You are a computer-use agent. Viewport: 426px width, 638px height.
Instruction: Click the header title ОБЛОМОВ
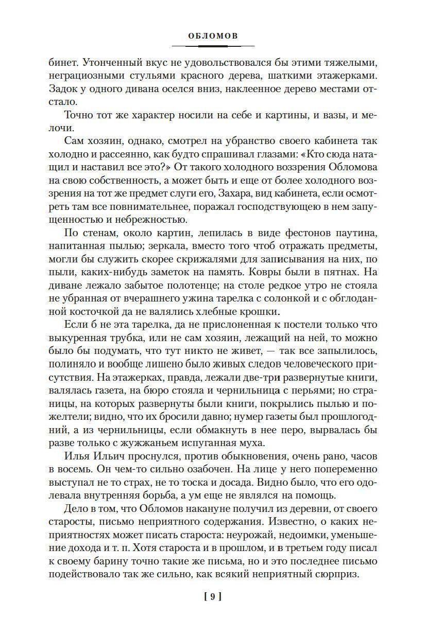213,37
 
